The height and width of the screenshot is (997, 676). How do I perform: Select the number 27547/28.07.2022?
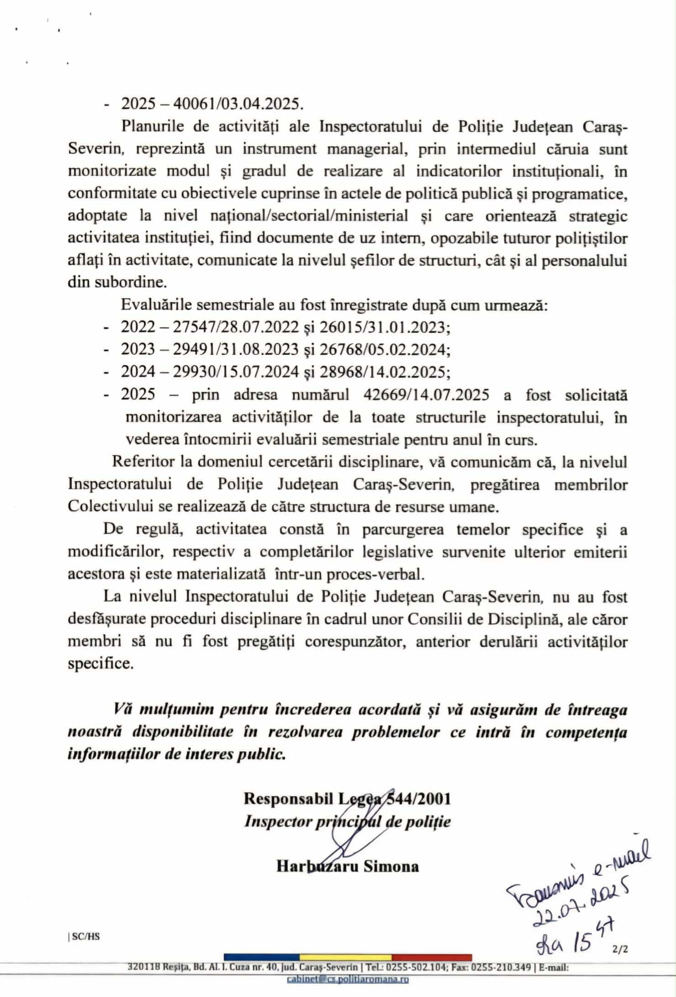[x=236, y=327]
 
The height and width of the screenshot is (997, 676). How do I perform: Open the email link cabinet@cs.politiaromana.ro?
[x=348, y=979]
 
